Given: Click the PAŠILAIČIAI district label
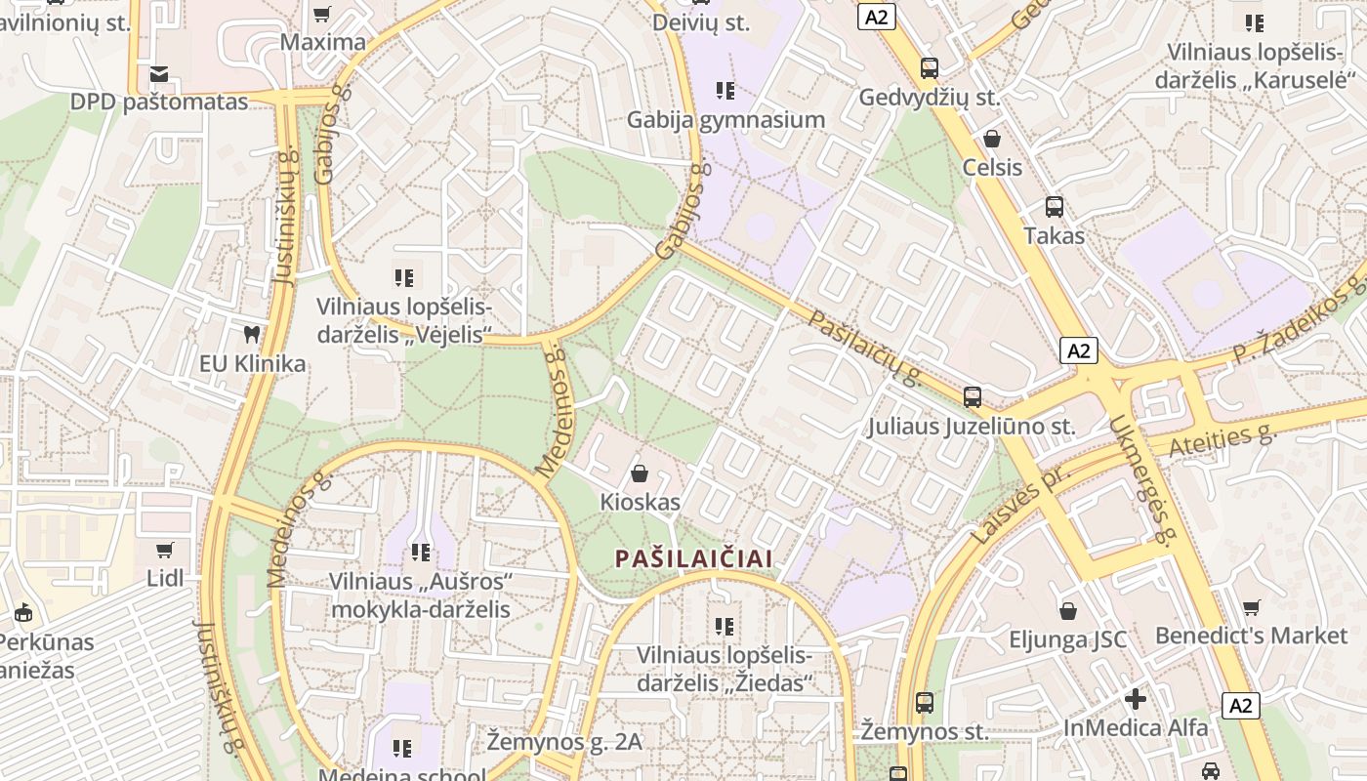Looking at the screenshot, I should click(x=694, y=558).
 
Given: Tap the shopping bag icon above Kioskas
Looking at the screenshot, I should click(x=640, y=473).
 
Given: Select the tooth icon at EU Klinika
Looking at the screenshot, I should click(x=253, y=335).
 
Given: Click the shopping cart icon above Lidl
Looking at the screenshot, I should click(x=165, y=550).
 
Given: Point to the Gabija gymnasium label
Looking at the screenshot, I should click(x=726, y=119).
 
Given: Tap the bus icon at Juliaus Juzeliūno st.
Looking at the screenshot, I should click(x=973, y=397).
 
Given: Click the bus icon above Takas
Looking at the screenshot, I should click(x=1055, y=207).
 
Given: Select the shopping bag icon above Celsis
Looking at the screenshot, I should click(x=992, y=139).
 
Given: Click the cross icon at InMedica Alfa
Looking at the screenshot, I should click(x=1135, y=699).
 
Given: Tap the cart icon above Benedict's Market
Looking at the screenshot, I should click(x=1251, y=607).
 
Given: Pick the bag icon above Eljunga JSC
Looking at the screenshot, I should click(x=1068, y=611).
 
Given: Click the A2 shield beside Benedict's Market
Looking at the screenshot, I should click(x=1240, y=705).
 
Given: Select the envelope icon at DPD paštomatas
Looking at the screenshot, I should click(x=159, y=74).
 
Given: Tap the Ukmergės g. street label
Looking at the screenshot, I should click(x=1140, y=479).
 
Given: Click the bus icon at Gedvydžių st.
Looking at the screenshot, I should click(x=929, y=68).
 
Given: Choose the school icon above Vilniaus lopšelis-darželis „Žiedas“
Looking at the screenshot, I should click(x=724, y=626).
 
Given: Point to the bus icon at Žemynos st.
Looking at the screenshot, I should click(x=924, y=702).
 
